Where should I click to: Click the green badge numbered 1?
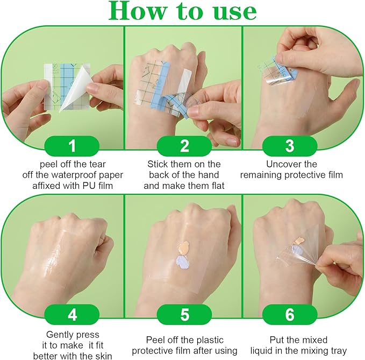point(72,146)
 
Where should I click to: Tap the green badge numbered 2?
point(184,146)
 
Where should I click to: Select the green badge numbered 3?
point(290,146)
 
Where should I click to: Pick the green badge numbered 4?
point(72,315)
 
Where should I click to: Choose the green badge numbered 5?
point(184,315)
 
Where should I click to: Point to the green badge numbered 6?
point(290,315)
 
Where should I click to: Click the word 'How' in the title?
point(138,11)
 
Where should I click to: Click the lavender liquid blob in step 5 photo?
point(183,263)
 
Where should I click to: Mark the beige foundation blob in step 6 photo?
point(298,241)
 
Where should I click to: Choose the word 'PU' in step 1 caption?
point(89,186)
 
